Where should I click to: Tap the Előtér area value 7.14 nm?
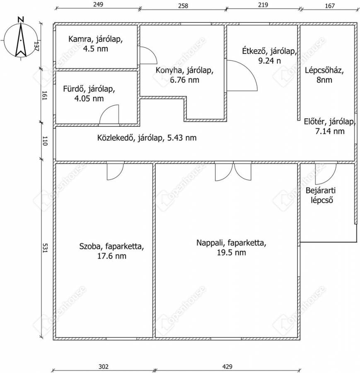coord(330,131)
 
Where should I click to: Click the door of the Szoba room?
coord(115,171)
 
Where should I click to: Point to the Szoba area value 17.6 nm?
coord(111,256)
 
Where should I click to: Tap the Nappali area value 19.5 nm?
coord(232,252)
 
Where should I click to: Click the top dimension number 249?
coord(98,5)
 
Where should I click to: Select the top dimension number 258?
coord(183,5)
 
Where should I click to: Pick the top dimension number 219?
coord(263,5)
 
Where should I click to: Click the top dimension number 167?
coord(329,5)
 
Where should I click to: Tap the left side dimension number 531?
coord(45,248)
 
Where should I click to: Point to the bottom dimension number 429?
coord(227,366)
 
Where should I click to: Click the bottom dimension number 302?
coord(104,366)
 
